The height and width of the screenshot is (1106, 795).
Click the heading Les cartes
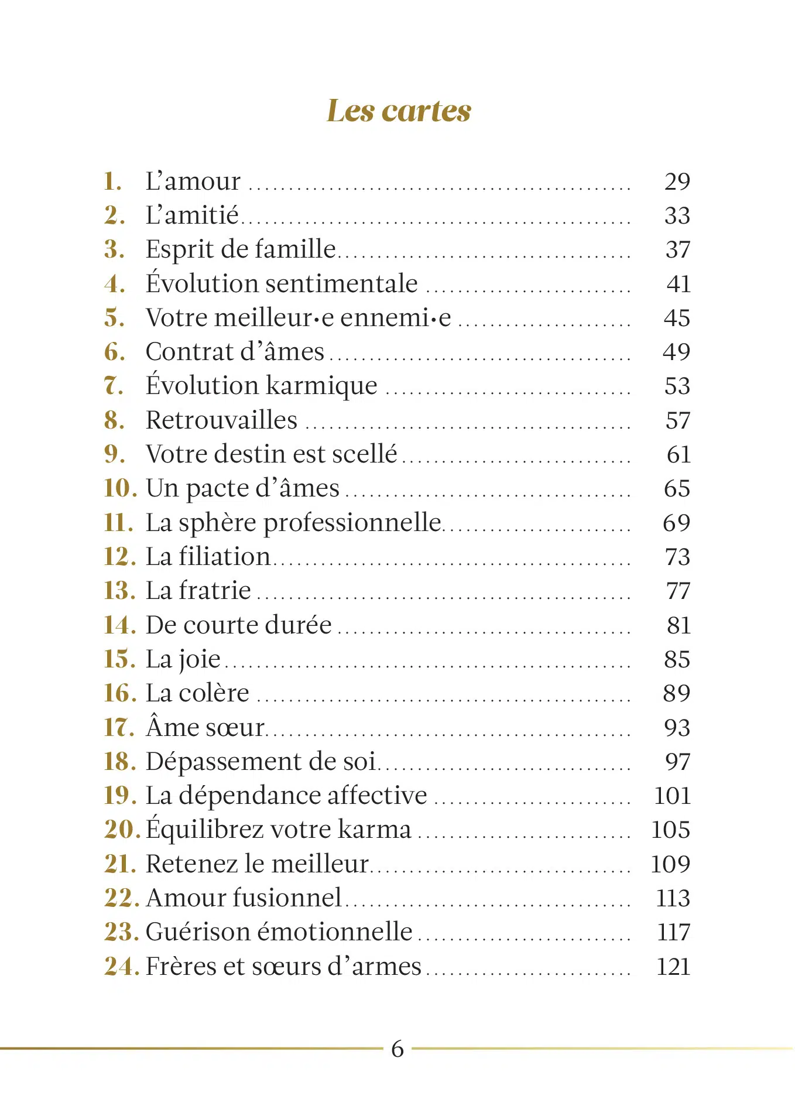[x=399, y=111]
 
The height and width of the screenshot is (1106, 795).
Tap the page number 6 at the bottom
[x=397, y=1048]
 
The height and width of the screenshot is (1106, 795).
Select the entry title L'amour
[x=193, y=182]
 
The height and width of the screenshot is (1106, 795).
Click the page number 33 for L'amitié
[x=677, y=216]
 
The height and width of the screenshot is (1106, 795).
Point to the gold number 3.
[x=114, y=250]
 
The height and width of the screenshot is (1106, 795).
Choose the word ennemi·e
[x=396, y=318]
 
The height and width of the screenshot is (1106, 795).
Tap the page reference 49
[x=677, y=352]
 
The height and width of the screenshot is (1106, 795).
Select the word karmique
[x=321, y=386]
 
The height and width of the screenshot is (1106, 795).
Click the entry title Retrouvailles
[x=221, y=420]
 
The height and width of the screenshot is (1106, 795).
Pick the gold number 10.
[x=120, y=488]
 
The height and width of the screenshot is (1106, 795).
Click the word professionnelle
[x=352, y=523]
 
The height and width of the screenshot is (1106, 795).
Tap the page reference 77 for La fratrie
[x=678, y=591]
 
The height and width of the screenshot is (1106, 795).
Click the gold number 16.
[x=120, y=693]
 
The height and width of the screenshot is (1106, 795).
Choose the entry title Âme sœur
[x=205, y=728]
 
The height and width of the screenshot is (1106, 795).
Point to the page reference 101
[x=672, y=796]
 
